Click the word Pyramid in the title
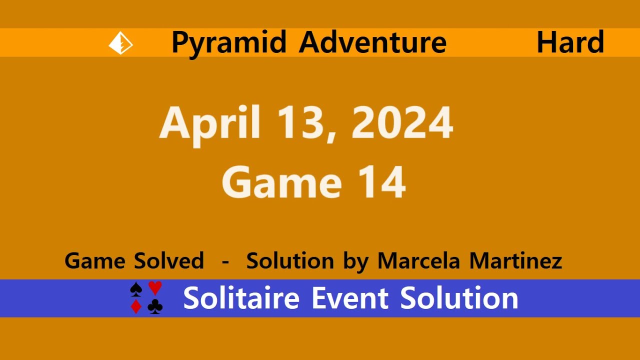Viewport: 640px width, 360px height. [x=229, y=43]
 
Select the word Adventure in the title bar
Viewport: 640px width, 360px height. [x=372, y=42]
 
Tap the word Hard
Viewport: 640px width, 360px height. [x=570, y=42]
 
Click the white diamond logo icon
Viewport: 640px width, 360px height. [x=120, y=43]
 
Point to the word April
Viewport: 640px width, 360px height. [x=210, y=125]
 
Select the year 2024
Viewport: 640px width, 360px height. [x=402, y=122]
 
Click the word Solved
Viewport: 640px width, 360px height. [x=169, y=260]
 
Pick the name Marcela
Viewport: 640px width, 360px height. [x=419, y=260]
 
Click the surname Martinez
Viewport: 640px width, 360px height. [x=516, y=260]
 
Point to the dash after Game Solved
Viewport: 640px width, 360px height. [x=225, y=261]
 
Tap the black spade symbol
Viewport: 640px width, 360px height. [x=136, y=289]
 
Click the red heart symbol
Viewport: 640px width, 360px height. [x=155, y=288]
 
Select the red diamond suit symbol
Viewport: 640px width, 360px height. [x=136, y=306]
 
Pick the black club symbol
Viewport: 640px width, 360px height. [x=155, y=306]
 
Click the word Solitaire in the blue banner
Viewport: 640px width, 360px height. [x=241, y=298]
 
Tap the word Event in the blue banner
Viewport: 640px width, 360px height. [x=350, y=298]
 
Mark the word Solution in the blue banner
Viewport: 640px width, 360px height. [x=459, y=298]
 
